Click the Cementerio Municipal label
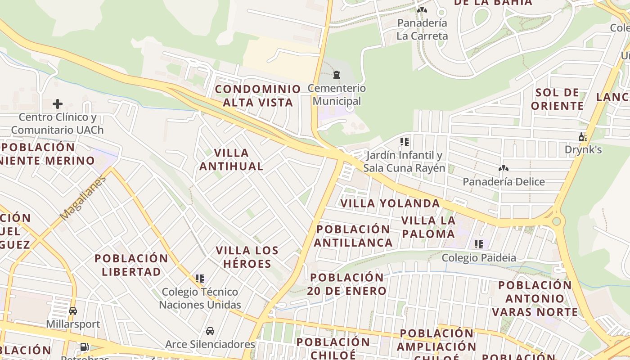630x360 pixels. (x=337, y=94)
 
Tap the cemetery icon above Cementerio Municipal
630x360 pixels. (x=337, y=74)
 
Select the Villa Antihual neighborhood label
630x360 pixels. (x=231, y=159)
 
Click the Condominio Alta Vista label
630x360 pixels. (x=258, y=95)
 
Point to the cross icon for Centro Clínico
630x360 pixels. (x=58, y=104)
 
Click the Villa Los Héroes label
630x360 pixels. (x=247, y=257)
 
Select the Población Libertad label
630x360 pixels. (x=131, y=265)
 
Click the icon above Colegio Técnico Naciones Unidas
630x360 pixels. (x=200, y=279)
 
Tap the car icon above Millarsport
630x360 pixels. (x=73, y=310)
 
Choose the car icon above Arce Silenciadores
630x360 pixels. (x=210, y=331)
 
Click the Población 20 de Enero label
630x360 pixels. (x=347, y=284)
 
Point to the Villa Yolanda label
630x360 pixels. (x=390, y=203)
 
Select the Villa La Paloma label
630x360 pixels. (x=428, y=227)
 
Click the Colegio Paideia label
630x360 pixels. (x=479, y=258)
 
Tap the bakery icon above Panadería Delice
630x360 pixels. (x=503, y=168)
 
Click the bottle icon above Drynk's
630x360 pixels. (x=583, y=137)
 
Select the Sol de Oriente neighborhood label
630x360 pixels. (x=558, y=99)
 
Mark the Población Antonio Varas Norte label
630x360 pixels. (x=535, y=298)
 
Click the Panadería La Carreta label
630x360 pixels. (x=422, y=29)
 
